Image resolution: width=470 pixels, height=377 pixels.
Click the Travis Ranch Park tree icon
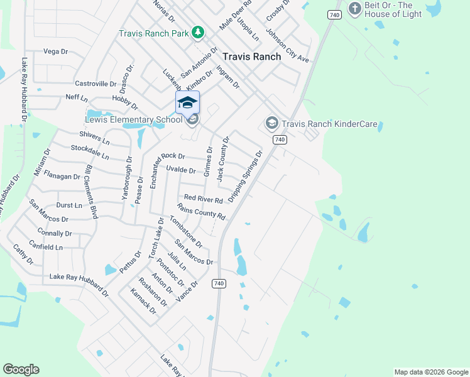coord(198,31)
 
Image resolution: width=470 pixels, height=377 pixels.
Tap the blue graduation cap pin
coord(187,102)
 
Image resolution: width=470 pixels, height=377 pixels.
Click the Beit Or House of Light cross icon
coord(355,9)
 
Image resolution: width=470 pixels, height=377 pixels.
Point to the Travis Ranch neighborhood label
coord(251,56)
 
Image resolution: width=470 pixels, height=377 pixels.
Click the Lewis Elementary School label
coord(124,120)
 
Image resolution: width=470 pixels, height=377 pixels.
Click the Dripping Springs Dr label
coord(245,177)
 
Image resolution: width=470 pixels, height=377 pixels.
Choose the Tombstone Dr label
coord(186,231)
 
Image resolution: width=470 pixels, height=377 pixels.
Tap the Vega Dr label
coord(55,52)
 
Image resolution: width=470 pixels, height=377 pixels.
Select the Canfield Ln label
coord(45,248)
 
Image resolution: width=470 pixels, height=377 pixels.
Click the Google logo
coord(21,369)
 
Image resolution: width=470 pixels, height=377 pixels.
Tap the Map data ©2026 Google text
coord(430,372)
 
